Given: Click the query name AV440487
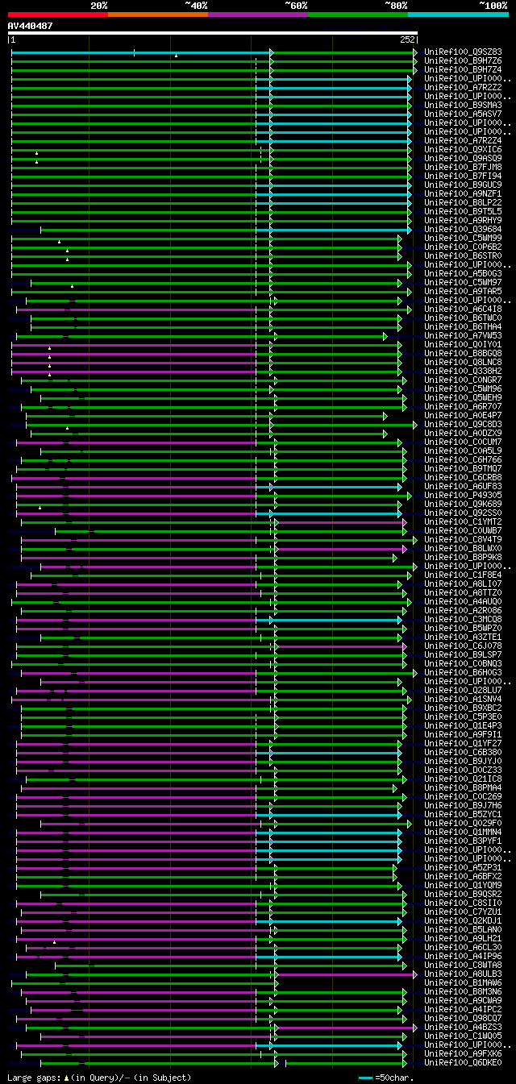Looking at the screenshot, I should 31,26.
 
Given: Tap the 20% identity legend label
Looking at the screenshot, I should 99,6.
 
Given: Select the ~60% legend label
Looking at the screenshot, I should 296,6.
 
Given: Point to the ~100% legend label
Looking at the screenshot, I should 493,6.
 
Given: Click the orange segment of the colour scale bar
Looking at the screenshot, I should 157,14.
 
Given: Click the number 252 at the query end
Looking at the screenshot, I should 406,39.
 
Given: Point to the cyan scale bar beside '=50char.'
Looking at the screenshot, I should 366,1078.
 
